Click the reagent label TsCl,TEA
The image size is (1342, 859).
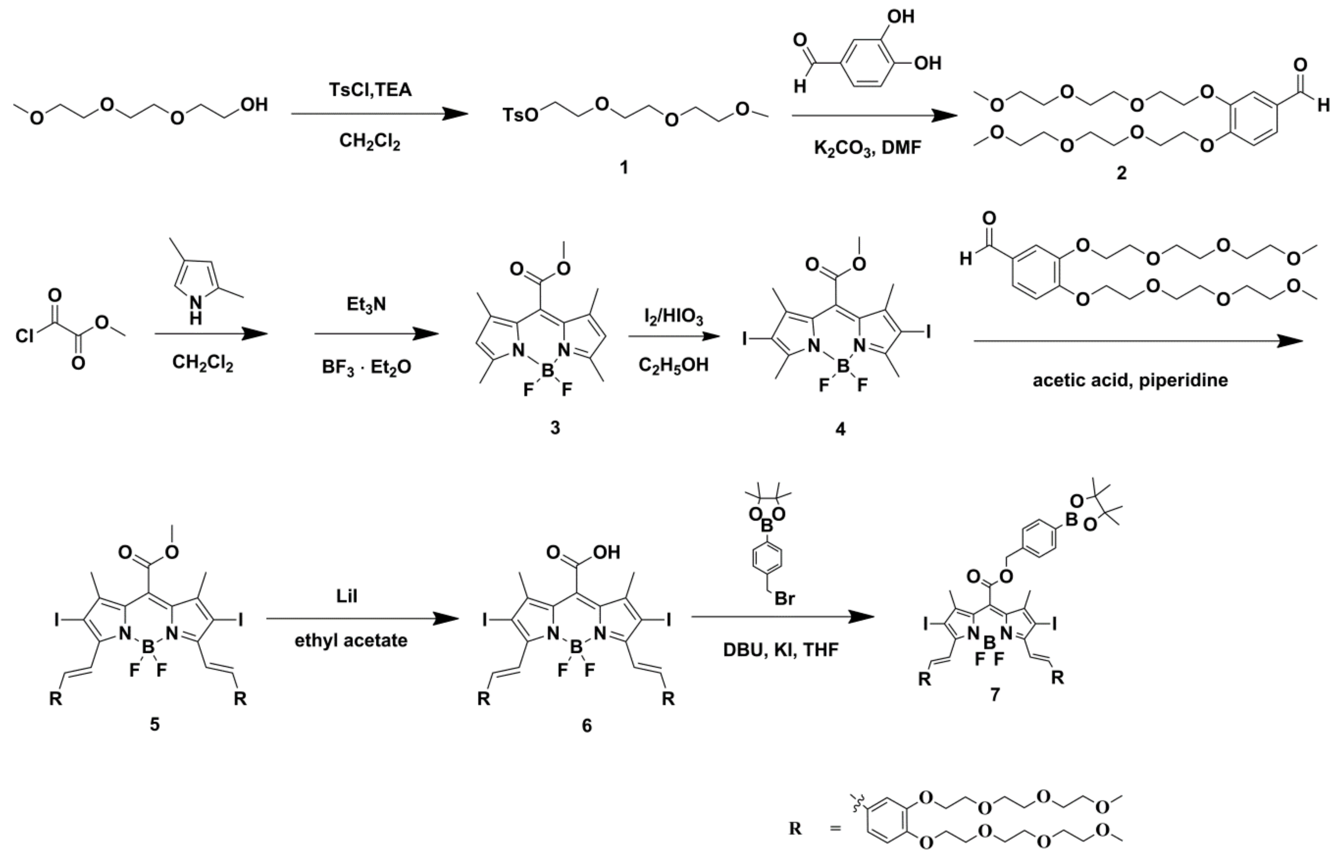pos(370,89)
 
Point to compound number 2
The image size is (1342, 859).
pos(1121,173)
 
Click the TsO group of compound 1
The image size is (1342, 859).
pos(520,115)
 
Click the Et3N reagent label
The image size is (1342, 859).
pos(366,305)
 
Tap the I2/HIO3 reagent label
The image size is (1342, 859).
pos(674,317)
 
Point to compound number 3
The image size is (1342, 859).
pos(555,427)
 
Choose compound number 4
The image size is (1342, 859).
pos(840,428)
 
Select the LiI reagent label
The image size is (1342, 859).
pos(347,596)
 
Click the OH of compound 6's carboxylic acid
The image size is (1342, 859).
pos(607,552)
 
